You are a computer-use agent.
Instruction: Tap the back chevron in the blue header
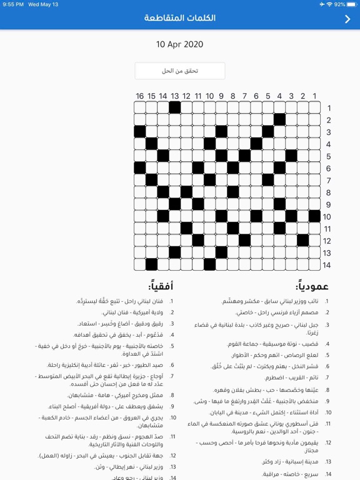click(348, 19)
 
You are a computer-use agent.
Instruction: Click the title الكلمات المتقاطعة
click(180, 18)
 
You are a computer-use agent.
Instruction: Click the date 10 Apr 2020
click(180, 44)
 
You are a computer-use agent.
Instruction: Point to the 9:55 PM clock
click(13, 4)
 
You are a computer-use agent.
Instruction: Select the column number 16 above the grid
click(139, 96)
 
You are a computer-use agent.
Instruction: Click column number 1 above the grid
click(314, 96)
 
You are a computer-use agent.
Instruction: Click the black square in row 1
click(175, 107)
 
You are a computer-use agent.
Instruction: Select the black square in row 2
click(279, 119)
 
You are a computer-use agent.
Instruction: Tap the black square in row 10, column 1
click(314, 216)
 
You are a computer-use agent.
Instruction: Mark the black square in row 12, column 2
click(303, 240)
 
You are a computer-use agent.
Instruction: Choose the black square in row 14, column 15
click(151, 264)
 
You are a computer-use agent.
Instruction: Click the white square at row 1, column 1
click(314, 107)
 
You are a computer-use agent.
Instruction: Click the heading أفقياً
click(161, 286)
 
